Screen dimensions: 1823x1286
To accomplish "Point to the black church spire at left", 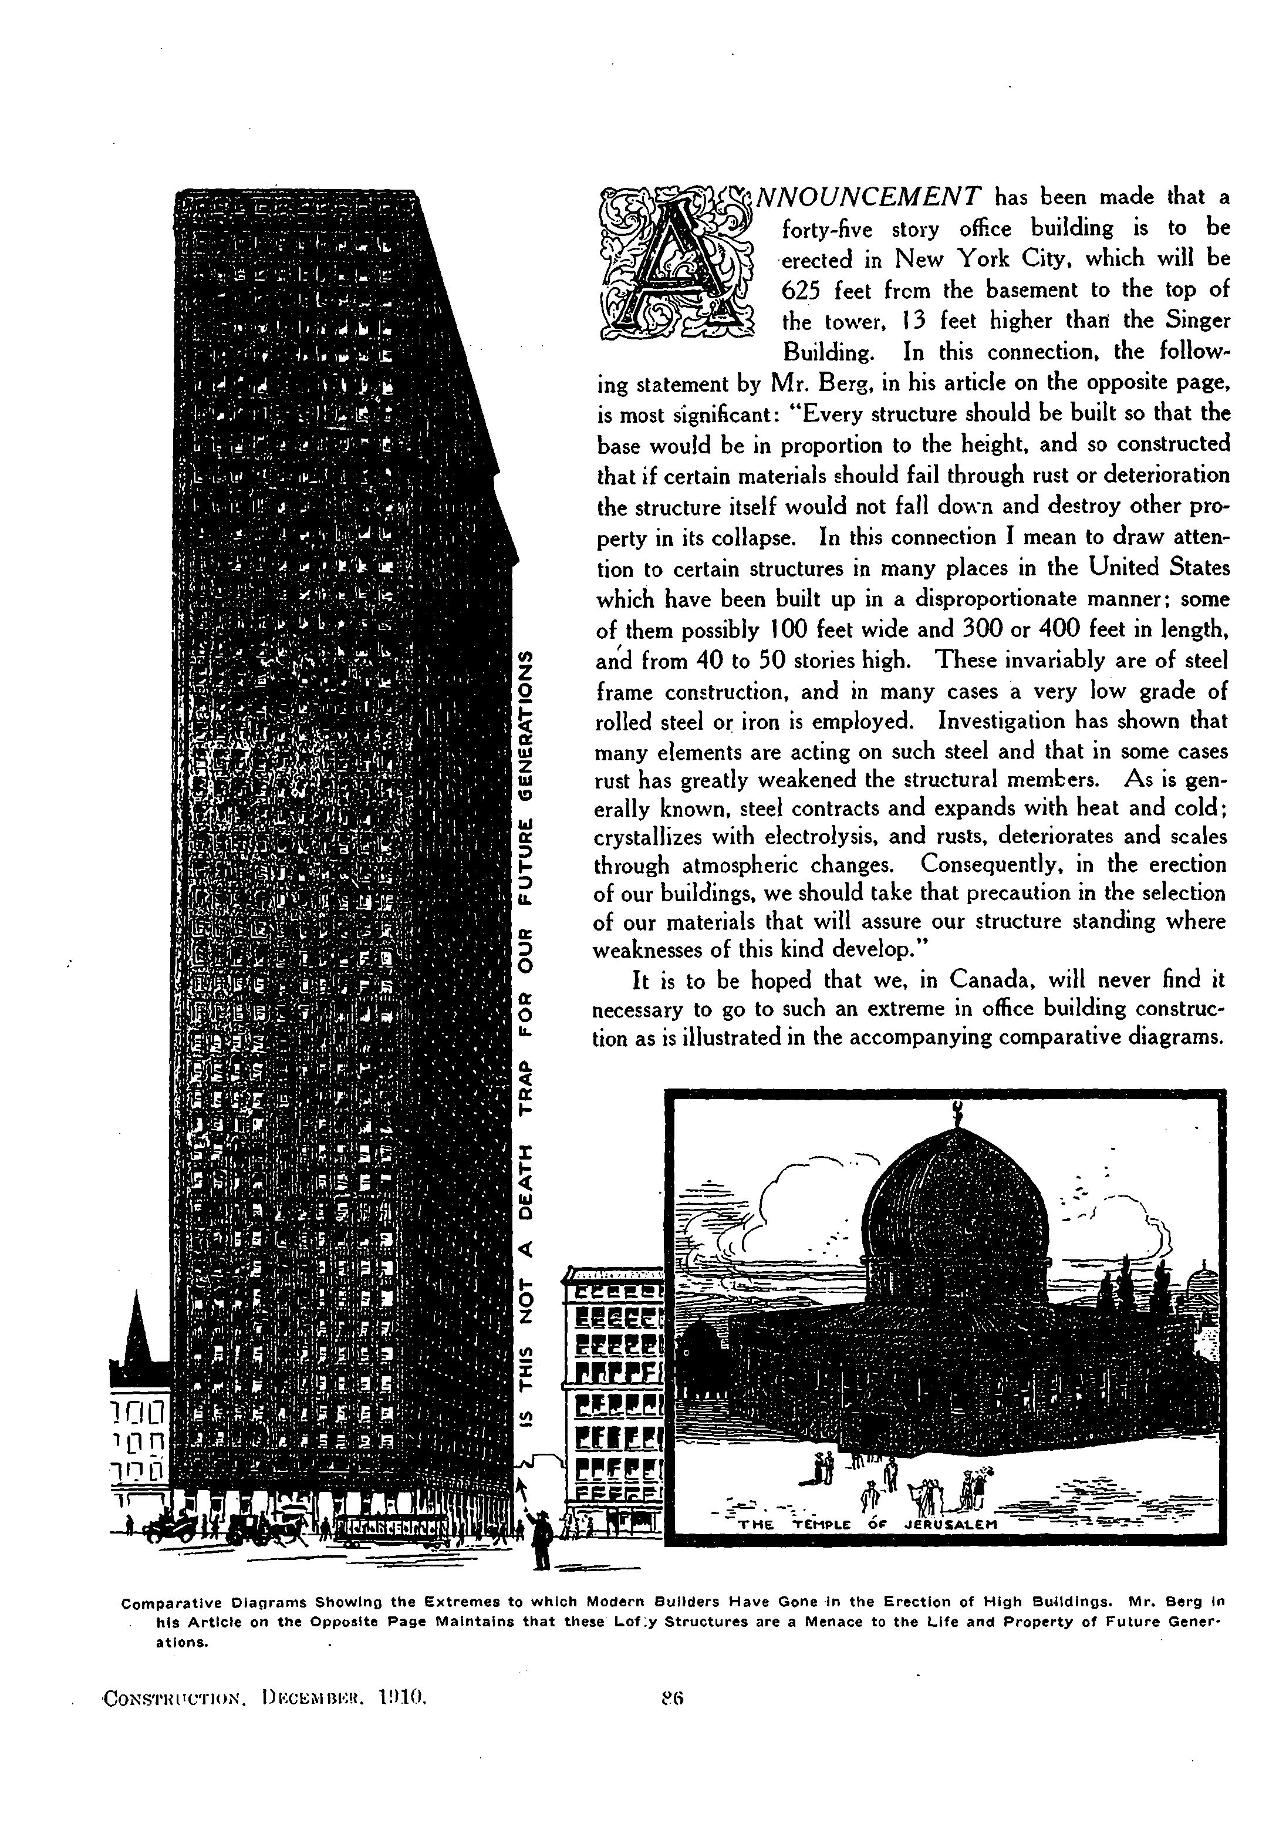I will click(x=137, y=1327).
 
